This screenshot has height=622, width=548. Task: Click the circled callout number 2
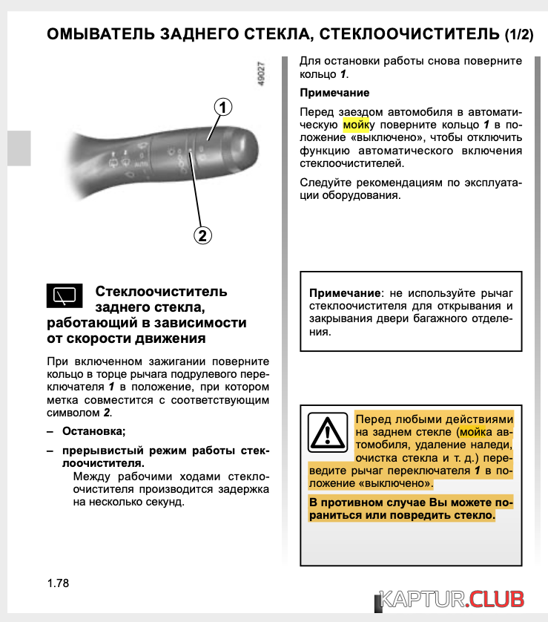tap(202, 236)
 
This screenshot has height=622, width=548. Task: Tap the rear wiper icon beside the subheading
tap(65, 295)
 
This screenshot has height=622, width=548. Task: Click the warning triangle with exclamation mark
tap(327, 432)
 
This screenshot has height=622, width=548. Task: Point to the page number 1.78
tap(58, 583)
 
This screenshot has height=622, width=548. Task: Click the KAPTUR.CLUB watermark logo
tap(452, 599)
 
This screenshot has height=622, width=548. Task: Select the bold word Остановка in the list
tap(93, 431)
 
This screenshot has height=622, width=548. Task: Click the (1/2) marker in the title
tap(518, 34)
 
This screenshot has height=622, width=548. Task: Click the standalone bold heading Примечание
tap(334, 94)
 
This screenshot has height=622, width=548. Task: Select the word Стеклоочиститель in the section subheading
tap(162, 292)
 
